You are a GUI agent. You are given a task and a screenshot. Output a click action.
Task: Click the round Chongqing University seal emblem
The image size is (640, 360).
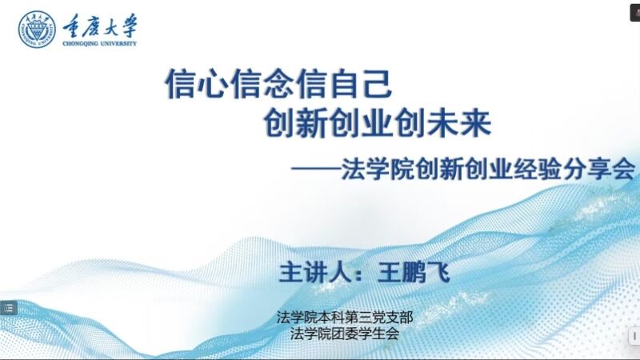[x=37, y=30]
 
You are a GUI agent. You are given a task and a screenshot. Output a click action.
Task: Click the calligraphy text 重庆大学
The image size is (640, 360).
[x=100, y=26]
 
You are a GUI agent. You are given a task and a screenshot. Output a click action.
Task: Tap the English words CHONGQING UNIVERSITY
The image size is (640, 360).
[x=99, y=43]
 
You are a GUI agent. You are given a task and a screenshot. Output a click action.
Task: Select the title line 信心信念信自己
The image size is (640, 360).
[x=278, y=84]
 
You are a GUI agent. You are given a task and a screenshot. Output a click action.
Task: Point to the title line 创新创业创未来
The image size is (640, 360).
[x=377, y=123]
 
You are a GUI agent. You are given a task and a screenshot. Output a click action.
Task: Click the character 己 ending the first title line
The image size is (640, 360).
[x=378, y=84]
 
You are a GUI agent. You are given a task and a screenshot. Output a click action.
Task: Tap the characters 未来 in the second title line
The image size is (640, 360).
[x=459, y=123]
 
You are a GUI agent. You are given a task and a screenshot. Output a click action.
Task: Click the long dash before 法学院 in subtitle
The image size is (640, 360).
[x=316, y=168]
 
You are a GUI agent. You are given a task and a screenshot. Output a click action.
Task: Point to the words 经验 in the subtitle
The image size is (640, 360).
[x=538, y=168]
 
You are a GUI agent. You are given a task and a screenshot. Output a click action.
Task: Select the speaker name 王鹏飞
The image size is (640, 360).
[x=414, y=272]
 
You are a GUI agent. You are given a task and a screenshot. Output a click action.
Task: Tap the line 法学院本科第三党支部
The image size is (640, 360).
[x=345, y=317]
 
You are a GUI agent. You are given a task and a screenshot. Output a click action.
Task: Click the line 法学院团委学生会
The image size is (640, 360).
[x=345, y=334]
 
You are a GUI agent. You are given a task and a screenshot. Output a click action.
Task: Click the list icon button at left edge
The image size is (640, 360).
[x=9, y=308]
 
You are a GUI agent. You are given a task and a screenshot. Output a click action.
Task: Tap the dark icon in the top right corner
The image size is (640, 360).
[x=635, y=11]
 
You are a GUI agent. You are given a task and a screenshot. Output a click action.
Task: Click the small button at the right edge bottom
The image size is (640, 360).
[x=634, y=337]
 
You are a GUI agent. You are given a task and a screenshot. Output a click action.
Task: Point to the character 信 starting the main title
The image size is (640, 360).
[x=181, y=84]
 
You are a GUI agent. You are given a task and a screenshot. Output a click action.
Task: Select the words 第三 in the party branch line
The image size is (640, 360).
[x=358, y=317]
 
